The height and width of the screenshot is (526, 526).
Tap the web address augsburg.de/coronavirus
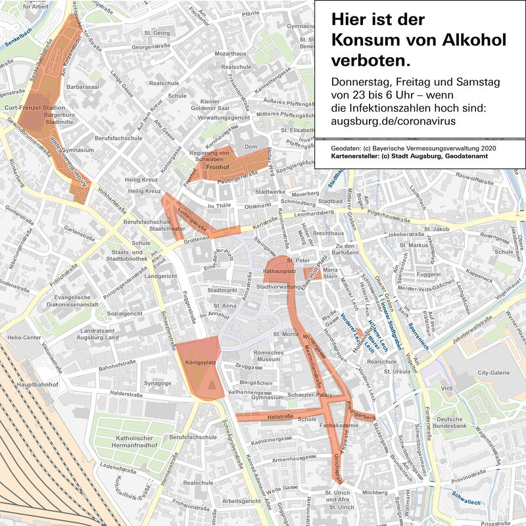pyautogui.click(x=393, y=122)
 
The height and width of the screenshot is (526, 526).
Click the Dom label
pyautogui.click(x=249, y=147)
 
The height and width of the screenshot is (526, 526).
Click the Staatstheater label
pyautogui.click(x=166, y=230)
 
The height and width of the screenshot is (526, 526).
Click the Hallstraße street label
pyautogui.click(x=281, y=417)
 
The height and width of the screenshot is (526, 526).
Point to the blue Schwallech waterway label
pyautogui.click(x=466, y=499)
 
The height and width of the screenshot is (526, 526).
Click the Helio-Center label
pyautogui.click(x=24, y=338)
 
